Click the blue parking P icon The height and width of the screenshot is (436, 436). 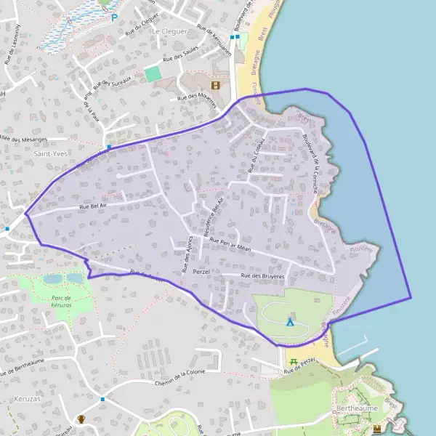(x=114, y=17)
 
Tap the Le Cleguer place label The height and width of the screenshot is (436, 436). (x=169, y=32)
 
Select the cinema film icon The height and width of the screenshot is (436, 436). (x=214, y=85)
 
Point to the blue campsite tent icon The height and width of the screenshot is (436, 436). (x=290, y=321)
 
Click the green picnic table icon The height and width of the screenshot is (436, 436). (x=293, y=361)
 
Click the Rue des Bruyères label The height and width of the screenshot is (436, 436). (x=263, y=276)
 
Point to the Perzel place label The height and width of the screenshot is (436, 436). (x=201, y=271)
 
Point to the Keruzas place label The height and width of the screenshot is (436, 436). (x=28, y=399)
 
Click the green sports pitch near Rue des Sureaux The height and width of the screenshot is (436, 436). (x=153, y=74)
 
